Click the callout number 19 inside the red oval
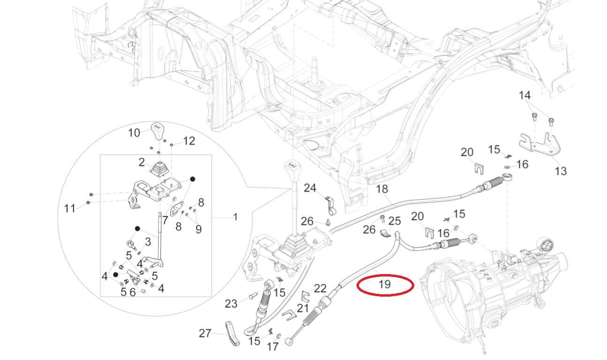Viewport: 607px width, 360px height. coord(384,284)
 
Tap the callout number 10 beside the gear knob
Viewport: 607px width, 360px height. coord(134,133)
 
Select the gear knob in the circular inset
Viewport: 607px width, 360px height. coord(159,131)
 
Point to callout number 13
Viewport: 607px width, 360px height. coord(561,171)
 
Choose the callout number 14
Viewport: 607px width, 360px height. coord(524,96)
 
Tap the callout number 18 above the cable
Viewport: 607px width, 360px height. coord(382,189)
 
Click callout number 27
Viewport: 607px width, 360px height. coord(205,334)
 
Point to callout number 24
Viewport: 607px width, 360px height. coord(310,188)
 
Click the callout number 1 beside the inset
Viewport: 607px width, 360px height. coord(235,217)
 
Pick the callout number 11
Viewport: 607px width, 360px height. coord(69,208)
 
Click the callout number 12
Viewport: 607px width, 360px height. coord(189,140)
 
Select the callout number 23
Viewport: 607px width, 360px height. coord(231,304)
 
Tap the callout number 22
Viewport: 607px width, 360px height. coord(320,288)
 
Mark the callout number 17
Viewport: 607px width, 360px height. coord(273,347)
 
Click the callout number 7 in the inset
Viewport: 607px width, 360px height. coord(165,219)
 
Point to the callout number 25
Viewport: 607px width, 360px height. coord(395,221)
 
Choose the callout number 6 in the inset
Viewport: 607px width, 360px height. coord(132,292)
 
